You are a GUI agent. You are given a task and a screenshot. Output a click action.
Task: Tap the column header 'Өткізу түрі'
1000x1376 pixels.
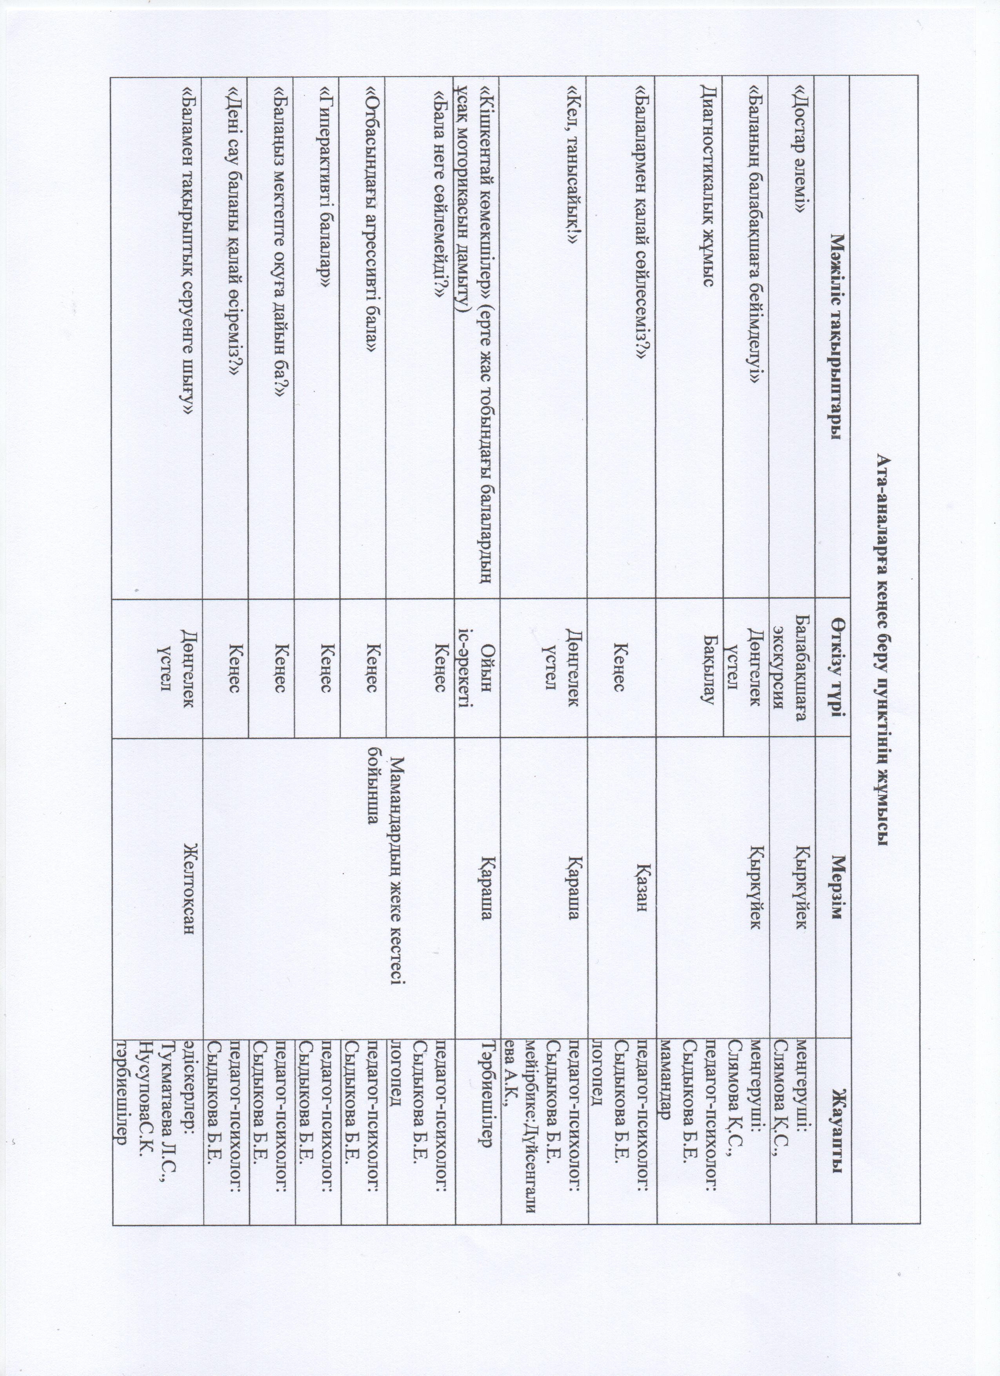pyautogui.click(x=838, y=661)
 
